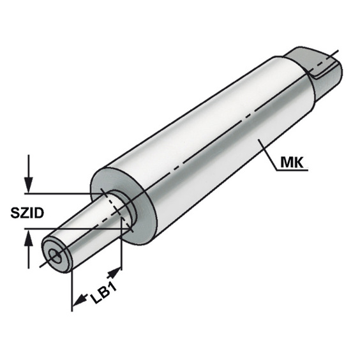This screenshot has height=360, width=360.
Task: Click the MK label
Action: coord(292,163)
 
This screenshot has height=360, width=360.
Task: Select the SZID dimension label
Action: coord(27,213)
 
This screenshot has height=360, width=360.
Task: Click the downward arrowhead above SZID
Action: coord(29,185)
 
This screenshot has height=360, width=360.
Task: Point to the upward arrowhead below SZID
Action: coord(29,237)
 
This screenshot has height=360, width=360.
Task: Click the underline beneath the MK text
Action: coord(292,170)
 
